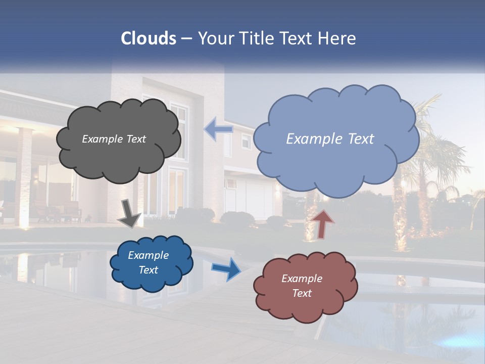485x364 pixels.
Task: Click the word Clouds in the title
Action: (149, 38)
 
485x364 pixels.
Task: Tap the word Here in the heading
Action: (337, 38)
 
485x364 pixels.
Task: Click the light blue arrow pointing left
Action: (218, 129)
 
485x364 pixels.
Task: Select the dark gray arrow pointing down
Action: (129, 213)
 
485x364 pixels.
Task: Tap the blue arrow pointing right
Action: (226, 268)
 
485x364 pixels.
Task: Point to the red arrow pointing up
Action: (323, 223)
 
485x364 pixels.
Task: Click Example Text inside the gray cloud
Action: (114, 139)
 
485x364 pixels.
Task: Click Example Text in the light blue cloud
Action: (330, 139)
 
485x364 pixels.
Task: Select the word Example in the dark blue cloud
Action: (148, 255)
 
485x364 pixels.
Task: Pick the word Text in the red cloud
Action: (302, 293)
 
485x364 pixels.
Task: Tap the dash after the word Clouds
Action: (186, 39)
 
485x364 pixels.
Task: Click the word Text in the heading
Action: (297, 38)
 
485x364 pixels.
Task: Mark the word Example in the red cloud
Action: (302, 279)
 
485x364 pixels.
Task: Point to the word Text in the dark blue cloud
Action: (148, 270)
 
